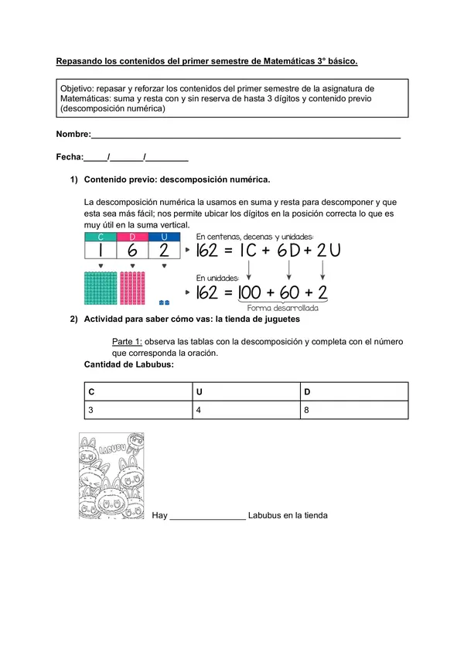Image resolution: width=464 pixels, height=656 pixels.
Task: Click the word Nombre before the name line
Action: (73, 135)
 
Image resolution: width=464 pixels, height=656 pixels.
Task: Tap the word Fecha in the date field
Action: (69, 157)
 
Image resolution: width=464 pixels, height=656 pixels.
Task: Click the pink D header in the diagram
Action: (132, 237)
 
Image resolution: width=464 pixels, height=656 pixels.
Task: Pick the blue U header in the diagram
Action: (163, 237)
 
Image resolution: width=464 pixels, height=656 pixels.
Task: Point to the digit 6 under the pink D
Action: (132, 251)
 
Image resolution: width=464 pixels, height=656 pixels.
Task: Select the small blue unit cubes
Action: (163, 302)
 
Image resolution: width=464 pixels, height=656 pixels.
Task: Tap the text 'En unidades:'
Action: (218, 277)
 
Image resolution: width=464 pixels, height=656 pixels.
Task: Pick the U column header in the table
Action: (245, 391)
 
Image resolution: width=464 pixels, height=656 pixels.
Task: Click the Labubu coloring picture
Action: (111, 476)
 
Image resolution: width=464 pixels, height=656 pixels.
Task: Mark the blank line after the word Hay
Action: (206, 516)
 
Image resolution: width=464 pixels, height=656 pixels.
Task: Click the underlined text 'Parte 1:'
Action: (127, 342)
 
